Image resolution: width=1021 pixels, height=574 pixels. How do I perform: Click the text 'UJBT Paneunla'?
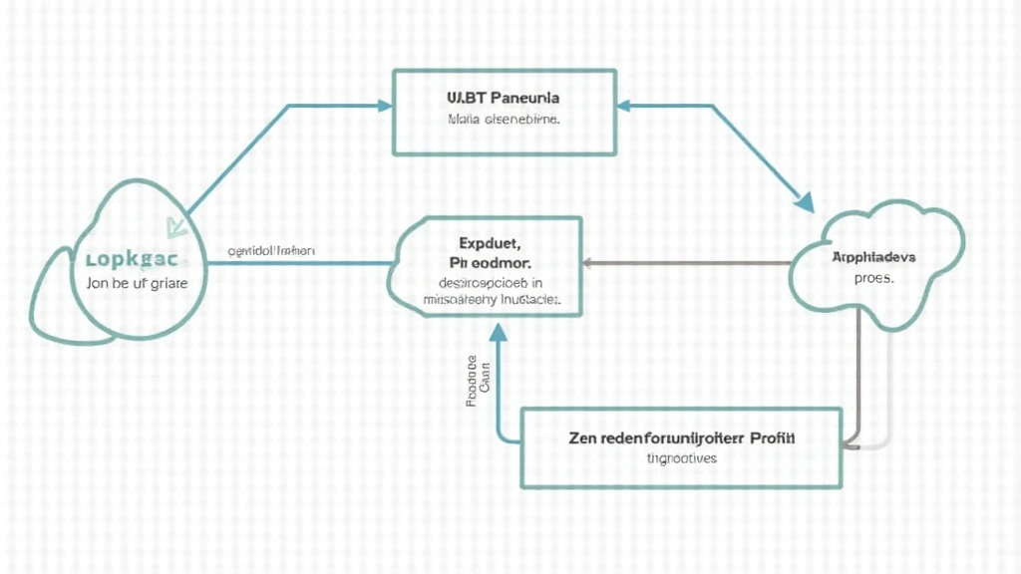click(x=503, y=100)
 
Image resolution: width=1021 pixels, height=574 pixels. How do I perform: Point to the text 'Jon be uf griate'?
click(x=131, y=282)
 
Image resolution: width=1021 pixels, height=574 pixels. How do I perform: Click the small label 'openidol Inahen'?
click(x=271, y=251)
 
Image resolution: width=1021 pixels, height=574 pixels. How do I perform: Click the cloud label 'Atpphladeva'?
click(x=874, y=257)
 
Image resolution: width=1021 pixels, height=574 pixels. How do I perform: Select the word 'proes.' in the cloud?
click(x=874, y=279)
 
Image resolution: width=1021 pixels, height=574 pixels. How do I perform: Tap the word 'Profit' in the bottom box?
click(x=782, y=437)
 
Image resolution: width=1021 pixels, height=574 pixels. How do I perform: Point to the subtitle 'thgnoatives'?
click(x=682, y=459)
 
